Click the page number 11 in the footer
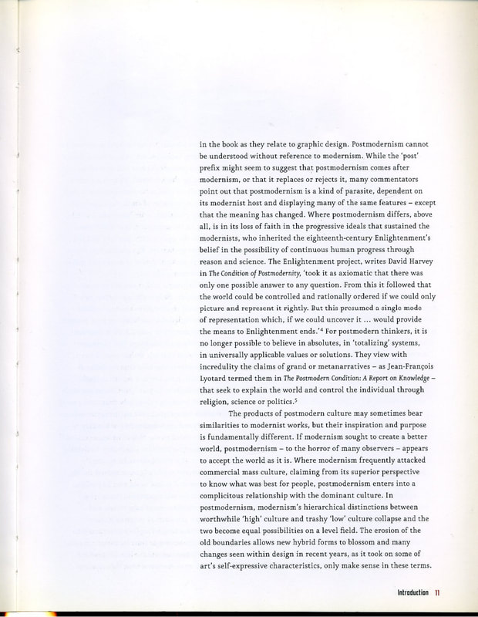(x=437, y=592)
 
